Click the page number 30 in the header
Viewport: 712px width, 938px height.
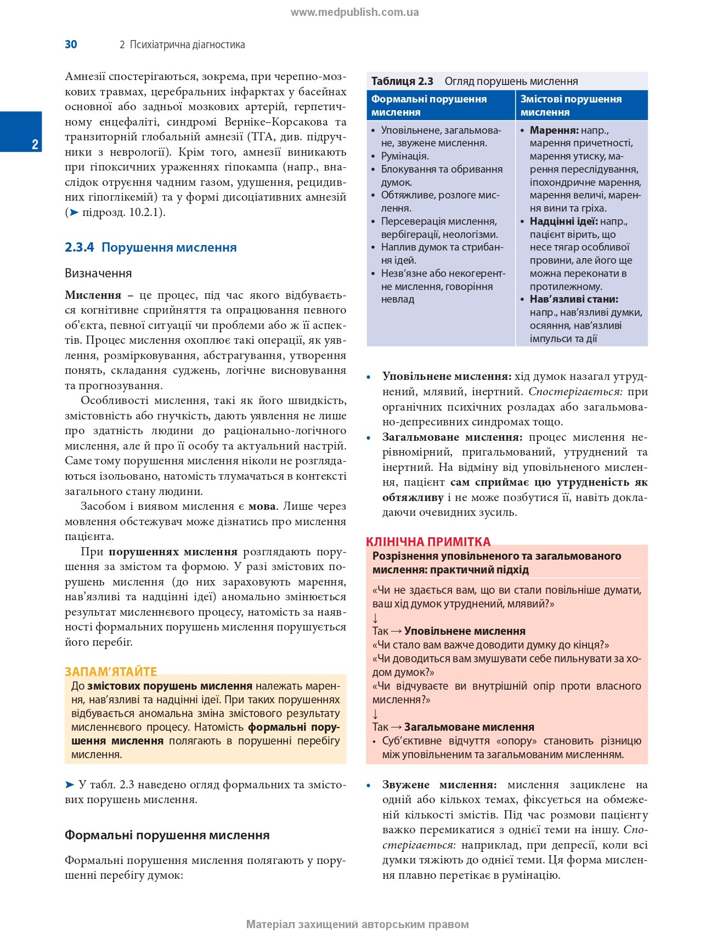click(x=71, y=44)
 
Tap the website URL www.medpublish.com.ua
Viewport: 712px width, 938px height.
click(x=354, y=13)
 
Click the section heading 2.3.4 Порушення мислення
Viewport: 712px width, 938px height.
click(x=150, y=247)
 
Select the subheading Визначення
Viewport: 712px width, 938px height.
click(x=98, y=273)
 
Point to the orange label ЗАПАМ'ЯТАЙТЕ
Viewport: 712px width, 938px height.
click(x=111, y=672)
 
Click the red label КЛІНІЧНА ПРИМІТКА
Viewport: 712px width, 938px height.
click(x=428, y=542)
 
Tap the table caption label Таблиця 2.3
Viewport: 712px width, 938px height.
click(x=402, y=81)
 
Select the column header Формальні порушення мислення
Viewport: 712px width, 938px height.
click(x=429, y=105)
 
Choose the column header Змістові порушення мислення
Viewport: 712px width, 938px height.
click(x=570, y=105)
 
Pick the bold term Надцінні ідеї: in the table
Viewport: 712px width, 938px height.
click(x=563, y=221)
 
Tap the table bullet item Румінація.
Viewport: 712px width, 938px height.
click(x=405, y=156)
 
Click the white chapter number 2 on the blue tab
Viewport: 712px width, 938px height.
click(x=35, y=144)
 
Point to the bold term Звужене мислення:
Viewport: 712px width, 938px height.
click(x=439, y=784)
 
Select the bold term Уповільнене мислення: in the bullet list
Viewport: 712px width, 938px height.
click(x=447, y=377)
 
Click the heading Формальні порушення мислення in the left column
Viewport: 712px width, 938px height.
click(x=167, y=835)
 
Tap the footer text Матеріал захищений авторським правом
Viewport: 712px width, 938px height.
click(x=357, y=924)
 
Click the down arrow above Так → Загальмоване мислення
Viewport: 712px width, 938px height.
click(x=376, y=714)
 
